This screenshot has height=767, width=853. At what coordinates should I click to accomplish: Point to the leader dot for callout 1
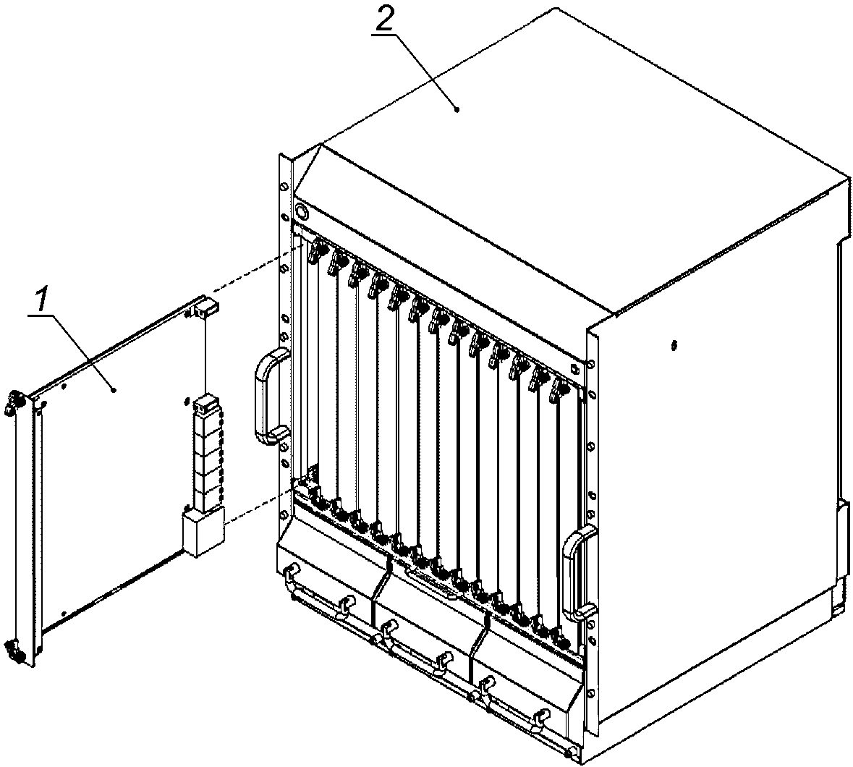[x=113, y=389]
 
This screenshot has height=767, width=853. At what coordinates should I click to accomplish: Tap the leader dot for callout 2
[x=457, y=109]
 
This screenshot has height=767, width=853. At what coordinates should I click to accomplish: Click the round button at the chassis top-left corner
[x=301, y=209]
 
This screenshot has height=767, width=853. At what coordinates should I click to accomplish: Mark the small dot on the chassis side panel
[x=674, y=345]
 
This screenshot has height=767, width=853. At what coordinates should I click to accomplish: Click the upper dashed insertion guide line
[x=256, y=268]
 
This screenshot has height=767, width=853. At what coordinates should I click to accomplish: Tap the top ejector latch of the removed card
[x=12, y=402]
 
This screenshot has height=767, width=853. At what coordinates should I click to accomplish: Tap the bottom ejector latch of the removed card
[x=13, y=651]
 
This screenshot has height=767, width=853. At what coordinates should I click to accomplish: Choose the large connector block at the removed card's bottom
[x=203, y=530]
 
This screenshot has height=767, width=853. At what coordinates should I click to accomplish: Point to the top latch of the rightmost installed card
[x=559, y=391]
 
